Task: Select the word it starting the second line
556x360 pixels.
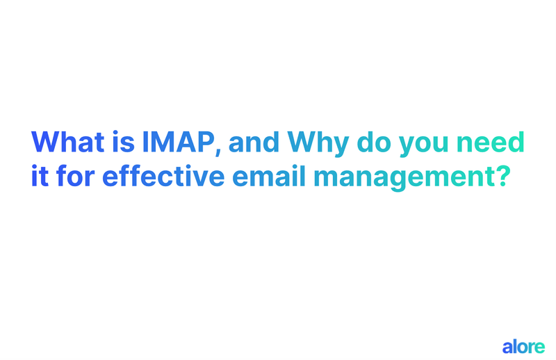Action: click(40, 176)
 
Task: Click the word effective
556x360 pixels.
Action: click(163, 176)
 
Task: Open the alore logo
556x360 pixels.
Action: click(523, 345)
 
